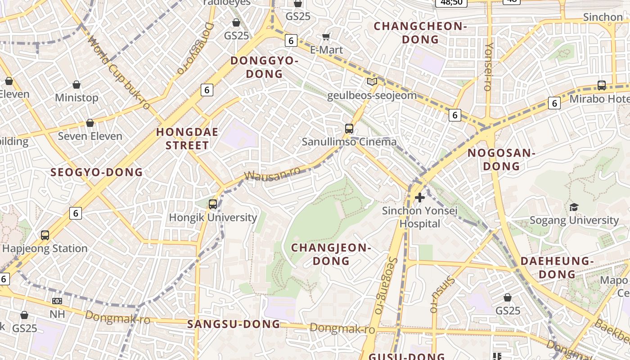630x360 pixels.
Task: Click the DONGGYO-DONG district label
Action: pos(264,67)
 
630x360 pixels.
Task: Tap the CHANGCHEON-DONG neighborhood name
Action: pos(420,33)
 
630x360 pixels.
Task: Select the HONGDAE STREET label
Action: pos(187,139)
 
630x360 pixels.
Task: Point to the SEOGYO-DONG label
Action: pos(96,172)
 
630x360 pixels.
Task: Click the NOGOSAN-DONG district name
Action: pos(501,159)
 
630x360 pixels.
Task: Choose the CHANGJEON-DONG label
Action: pos(331,254)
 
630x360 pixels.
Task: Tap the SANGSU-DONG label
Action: pos(234,324)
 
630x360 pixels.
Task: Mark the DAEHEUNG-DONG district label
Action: pos(557,267)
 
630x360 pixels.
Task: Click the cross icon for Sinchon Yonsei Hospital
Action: pos(420,197)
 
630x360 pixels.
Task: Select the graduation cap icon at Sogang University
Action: pos(574,207)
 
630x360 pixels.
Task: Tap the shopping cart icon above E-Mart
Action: pos(326,36)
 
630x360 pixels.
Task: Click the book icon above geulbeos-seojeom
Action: pos(372,81)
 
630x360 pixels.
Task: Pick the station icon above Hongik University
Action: pos(213,204)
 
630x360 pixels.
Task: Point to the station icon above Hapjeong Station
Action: pos(45,235)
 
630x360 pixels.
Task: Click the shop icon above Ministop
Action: pos(76,85)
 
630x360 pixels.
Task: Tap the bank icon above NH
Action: pos(57,301)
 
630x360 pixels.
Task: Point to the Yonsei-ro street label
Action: pos(489,67)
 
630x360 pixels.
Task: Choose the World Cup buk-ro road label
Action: pos(119,73)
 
